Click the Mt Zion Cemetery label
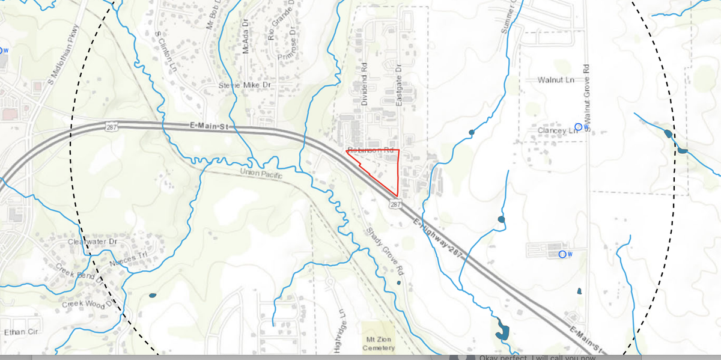pyautogui.click(x=379, y=344)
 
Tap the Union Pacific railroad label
pyautogui.click(x=261, y=173)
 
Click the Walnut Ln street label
pyautogui.click(x=556, y=80)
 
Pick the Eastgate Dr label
pyautogui.click(x=400, y=85)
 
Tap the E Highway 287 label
pyautogui.click(x=439, y=239)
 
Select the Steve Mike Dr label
pyautogui.click(x=245, y=85)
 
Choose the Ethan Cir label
pyautogui.click(x=20, y=332)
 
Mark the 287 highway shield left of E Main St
pyautogui.click(x=111, y=126)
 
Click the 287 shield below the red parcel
pyautogui.click(x=395, y=204)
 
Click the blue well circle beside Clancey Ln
pyautogui.click(x=579, y=127)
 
